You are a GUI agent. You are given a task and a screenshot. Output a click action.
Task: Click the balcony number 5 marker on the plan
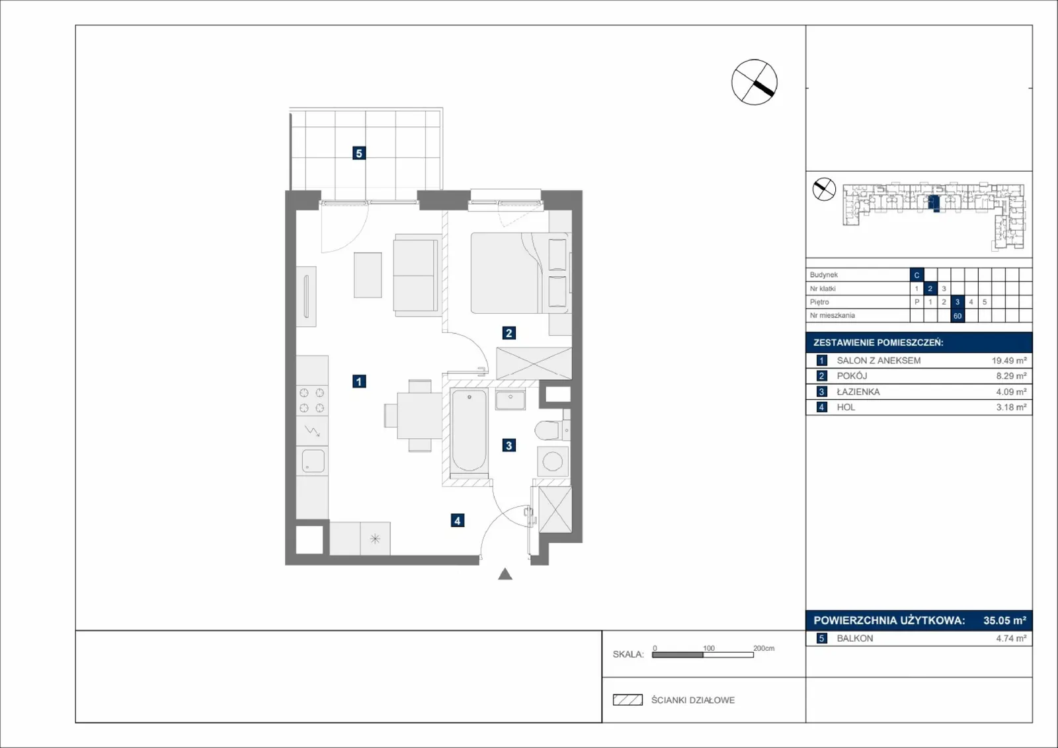[359, 153]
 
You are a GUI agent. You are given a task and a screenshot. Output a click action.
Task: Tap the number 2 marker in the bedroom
[509, 333]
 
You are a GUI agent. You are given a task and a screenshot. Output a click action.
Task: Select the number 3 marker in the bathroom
[509, 445]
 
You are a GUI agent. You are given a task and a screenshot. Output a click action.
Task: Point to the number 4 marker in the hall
[457, 520]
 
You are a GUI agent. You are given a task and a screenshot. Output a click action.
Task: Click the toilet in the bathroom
[551, 430]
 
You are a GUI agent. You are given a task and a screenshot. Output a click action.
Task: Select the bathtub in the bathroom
[469, 430]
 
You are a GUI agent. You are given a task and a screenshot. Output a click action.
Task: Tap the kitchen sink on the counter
[313, 461]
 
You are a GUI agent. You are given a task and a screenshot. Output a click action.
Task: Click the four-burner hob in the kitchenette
[311, 400]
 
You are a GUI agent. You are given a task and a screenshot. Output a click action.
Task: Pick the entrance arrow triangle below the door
[505, 574]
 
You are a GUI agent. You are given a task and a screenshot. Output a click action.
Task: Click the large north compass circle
[754, 82]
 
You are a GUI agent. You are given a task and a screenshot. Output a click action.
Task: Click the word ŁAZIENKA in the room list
[858, 392]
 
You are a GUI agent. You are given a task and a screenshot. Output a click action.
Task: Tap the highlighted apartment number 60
[957, 316]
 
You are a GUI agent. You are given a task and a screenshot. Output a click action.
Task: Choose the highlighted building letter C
[916, 275]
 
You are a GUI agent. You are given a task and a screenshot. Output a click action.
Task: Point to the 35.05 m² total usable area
[1004, 620]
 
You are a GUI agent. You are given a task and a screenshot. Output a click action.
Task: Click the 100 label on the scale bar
[708, 648]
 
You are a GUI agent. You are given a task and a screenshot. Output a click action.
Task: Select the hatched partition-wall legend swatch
[628, 700]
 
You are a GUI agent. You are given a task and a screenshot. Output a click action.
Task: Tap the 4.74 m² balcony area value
[1011, 638]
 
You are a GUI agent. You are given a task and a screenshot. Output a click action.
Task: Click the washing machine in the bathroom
[553, 461]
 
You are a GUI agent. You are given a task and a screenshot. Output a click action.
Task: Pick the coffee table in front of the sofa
[368, 275]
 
